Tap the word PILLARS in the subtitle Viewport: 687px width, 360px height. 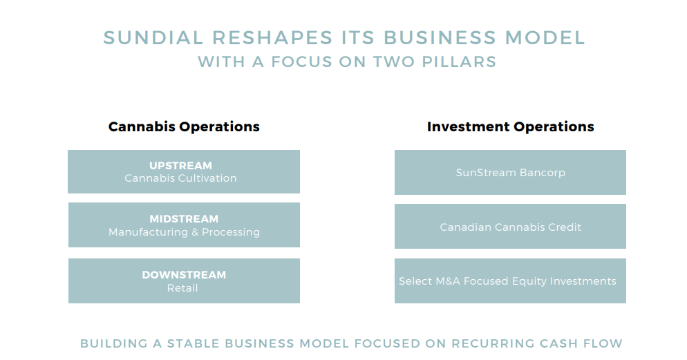tap(464, 61)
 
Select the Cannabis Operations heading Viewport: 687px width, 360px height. tap(184, 126)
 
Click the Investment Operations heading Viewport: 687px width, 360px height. tap(510, 126)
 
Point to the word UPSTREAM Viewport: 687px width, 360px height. tap(180, 166)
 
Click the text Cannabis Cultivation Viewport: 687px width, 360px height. tap(180, 178)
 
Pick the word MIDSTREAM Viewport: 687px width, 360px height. tap(184, 219)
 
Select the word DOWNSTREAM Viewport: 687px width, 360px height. tap(184, 275)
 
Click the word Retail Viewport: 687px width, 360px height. tap(182, 287)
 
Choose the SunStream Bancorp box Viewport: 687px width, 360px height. tap(510, 173)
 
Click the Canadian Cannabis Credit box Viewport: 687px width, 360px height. tap(510, 227)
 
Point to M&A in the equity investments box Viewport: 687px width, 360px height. tap(447, 281)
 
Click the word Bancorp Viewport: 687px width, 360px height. tap(538, 173)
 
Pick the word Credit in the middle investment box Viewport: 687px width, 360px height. tap(565, 227)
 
